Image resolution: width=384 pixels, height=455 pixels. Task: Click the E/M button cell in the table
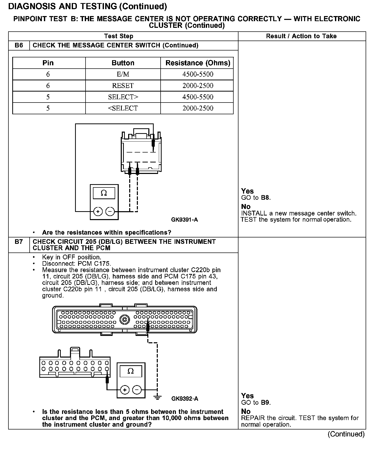click(123, 74)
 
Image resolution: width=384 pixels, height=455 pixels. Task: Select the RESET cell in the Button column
click(123, 85)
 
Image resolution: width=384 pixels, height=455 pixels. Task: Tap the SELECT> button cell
click(123, 97)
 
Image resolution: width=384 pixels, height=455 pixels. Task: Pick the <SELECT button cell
click(123, 108)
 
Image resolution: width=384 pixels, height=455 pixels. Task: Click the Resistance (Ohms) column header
click(198, 63)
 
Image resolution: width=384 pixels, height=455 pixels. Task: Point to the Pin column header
click(48, 63)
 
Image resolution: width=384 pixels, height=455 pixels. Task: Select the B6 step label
click(19, 45)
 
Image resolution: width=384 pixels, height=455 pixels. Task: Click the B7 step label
click(19, 242)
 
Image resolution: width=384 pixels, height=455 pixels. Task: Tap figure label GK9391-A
click(184, 220)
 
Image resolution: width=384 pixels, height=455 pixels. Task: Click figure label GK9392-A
click(185, 399)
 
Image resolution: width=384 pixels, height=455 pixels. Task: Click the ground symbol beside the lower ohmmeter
click(158, 397)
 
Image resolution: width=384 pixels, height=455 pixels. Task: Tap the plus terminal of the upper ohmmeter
click(98, 211)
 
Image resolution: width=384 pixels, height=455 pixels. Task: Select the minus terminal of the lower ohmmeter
click(137, 390)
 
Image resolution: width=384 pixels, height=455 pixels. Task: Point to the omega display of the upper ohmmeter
click(104, 193)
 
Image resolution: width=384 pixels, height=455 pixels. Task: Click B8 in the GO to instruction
click(265, 198)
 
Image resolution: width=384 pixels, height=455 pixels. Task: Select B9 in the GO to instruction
click(266, 402)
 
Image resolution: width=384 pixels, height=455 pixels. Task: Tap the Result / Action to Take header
click(301, 36)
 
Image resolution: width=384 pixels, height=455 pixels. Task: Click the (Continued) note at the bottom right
click(346, 434)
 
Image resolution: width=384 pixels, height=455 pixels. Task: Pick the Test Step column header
click(118, 36)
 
